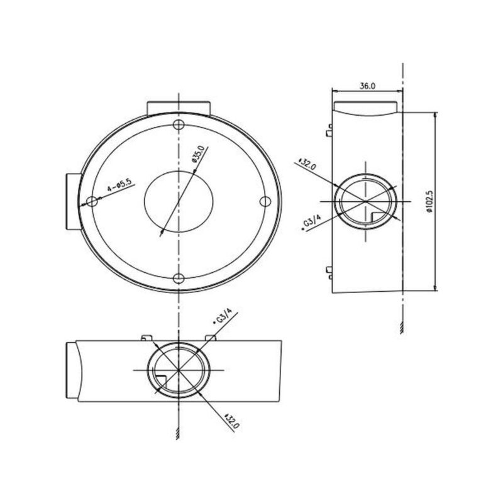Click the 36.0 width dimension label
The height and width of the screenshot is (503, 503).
click(x=367, y=86)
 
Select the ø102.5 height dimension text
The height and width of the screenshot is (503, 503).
click(x=429, y=202)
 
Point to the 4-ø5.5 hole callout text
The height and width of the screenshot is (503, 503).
click(x=119, y=185)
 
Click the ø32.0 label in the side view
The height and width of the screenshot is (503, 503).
click(x=307, y=163)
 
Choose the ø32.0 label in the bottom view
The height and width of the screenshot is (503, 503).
click(x=232, y=421)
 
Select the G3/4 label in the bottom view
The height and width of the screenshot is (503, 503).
click(x=223, y=316)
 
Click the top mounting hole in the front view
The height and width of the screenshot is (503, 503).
click(x=179, y=124)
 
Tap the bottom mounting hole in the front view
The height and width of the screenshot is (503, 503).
click(x=179, y=279)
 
